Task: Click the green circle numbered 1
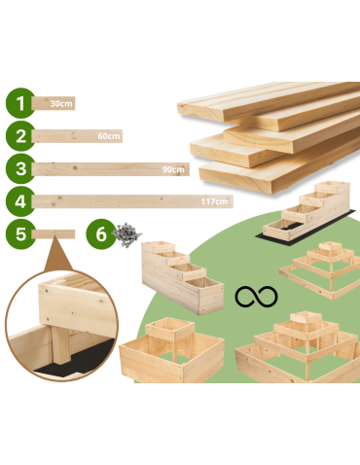click(x=18, y=103)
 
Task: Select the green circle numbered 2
click(x=18, y=136)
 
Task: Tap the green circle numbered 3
click(x=18, y=168)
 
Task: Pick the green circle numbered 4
click(x=18, y=202)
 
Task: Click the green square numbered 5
click(x=18, y=234)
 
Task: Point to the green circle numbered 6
click(x=99, y=234)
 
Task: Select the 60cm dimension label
click(x=109, y=136)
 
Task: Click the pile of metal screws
click(x=126, y=233)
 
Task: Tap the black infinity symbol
click(x=255, y=295)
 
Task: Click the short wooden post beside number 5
click(x=54, y=234)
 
